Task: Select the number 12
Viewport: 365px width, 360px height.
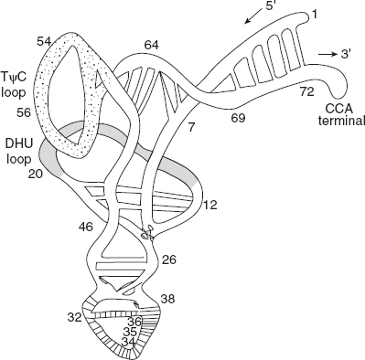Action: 209,205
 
